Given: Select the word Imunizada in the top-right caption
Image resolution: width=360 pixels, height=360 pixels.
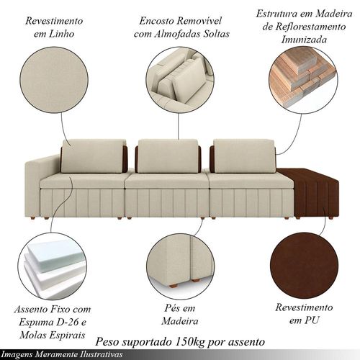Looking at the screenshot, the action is [304, 40].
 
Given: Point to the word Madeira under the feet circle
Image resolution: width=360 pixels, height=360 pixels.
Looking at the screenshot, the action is [180, 321].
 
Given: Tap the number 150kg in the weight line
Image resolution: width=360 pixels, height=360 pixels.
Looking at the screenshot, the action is [190, 341].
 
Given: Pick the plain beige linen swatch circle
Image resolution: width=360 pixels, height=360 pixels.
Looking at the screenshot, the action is [54, 81].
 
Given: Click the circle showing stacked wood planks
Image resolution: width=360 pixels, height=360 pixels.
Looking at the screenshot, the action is [303, 79].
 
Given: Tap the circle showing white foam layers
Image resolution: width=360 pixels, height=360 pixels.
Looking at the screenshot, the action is [52, 266].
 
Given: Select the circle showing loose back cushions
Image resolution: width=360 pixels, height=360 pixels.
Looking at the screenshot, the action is [180, 81].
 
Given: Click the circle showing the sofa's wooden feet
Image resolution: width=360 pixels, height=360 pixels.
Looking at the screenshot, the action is [181, 266].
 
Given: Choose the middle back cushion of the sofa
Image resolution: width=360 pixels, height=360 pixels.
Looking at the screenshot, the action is [168, 156].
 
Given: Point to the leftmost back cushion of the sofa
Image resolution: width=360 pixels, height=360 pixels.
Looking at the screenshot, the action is [93, 156].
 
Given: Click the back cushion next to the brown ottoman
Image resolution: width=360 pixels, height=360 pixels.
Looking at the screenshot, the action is [244, 156].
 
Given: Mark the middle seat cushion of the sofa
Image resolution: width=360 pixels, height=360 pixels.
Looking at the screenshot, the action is [167, 181].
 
